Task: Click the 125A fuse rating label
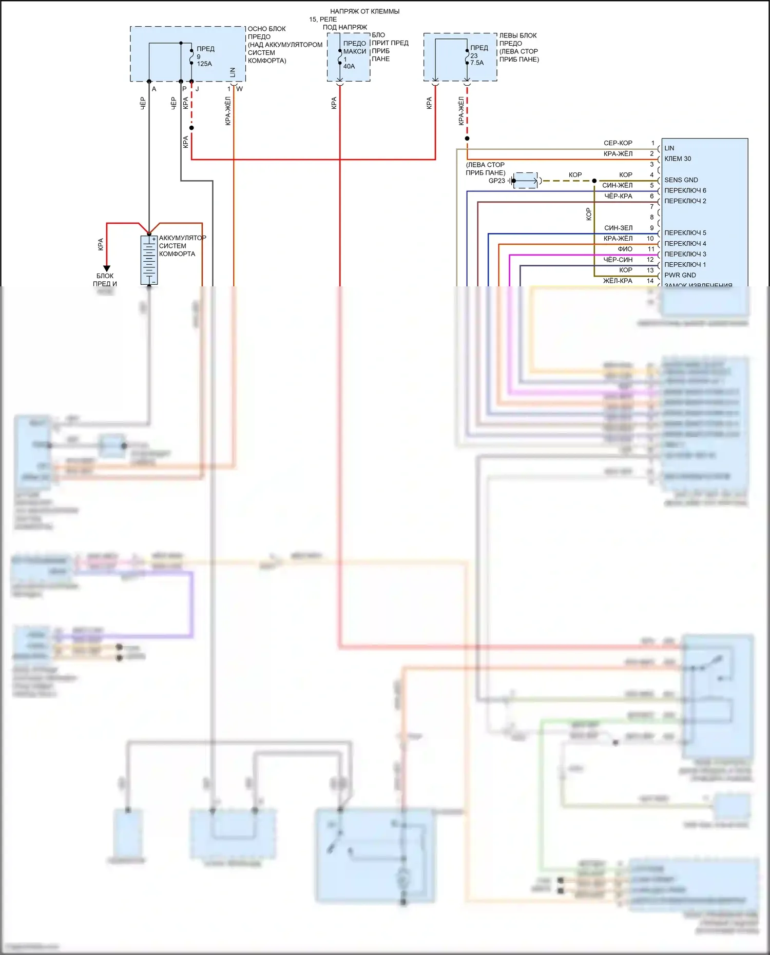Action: (204, 64)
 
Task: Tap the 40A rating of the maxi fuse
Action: (349, 67)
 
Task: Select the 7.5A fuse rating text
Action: (477, 63)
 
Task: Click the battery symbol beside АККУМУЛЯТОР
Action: (149, 260)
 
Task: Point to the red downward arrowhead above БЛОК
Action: (107, 268)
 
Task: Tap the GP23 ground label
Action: (496, 181)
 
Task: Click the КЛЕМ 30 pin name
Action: (678, 159)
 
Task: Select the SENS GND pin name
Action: (681, 180)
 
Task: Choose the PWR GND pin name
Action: (680, 276)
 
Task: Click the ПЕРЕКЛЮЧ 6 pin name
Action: (685, 191)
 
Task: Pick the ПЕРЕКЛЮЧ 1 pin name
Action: (685, 265)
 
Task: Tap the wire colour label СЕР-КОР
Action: (618, 143)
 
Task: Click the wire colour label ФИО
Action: (625, 249)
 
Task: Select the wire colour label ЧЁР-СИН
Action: (618, 260)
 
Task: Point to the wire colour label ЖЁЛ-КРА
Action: (618, 281)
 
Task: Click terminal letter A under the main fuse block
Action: (154, 89)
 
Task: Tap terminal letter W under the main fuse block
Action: (239, 89)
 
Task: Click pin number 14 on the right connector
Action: (650, 281)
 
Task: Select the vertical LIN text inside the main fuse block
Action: (233, 72)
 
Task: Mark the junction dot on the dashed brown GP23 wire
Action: (594, 181)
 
